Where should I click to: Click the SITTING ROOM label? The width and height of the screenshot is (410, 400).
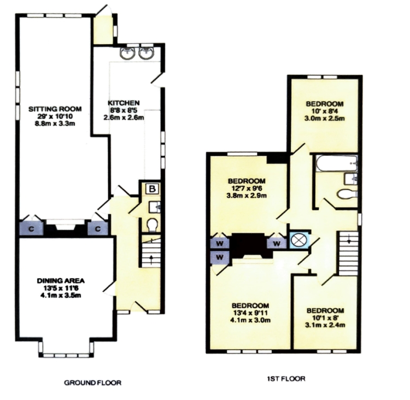[55, 109]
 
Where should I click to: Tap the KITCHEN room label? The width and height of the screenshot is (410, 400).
[124, 103]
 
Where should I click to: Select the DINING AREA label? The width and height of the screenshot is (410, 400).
[61, 281]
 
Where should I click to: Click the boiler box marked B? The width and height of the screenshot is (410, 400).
[152, 189]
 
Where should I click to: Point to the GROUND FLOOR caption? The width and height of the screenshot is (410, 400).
[92, 383]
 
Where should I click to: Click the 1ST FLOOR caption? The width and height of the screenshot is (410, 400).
[286, 379]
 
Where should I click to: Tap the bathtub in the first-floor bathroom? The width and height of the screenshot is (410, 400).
[336, 163]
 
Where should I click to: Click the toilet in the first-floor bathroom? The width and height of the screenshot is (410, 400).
[347, 194]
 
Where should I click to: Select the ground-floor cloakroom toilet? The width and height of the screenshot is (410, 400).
[151, 225]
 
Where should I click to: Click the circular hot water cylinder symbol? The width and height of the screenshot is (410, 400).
[300, 240]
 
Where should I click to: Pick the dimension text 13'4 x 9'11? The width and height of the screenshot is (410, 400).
[250, 313]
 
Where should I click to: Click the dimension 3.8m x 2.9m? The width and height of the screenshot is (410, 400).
[247, 195]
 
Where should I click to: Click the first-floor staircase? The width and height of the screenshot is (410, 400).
[348, 253]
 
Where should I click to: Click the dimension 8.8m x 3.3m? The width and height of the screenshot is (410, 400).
[55, 123]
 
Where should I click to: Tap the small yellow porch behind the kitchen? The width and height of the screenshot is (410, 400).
[103, 30]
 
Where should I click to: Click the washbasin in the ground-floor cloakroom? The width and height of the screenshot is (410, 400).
[155, 207]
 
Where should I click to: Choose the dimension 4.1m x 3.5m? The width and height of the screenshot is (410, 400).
[60, 296]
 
